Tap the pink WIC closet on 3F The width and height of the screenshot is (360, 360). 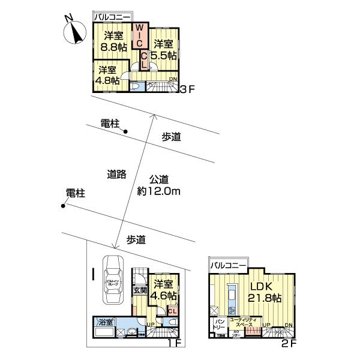pyautogui.click(x=138, y=37)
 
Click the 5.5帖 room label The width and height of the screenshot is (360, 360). pyautogui.click(x=164, y=49)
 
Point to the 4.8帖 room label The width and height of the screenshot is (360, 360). pyautogui.click(x=108, y=75)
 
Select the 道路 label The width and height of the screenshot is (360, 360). pyautogui.click(x=116, y=174)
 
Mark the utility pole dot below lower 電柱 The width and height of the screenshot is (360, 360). pyautogui.click(x=63, y=208)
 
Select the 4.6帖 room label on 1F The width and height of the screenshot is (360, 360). pyautogui.click(x=164, y=290)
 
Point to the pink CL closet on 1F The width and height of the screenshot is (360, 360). pyautogui.click(x=172, y=310)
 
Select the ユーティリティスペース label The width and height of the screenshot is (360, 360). pyautogui.click(x=244, y=322)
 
